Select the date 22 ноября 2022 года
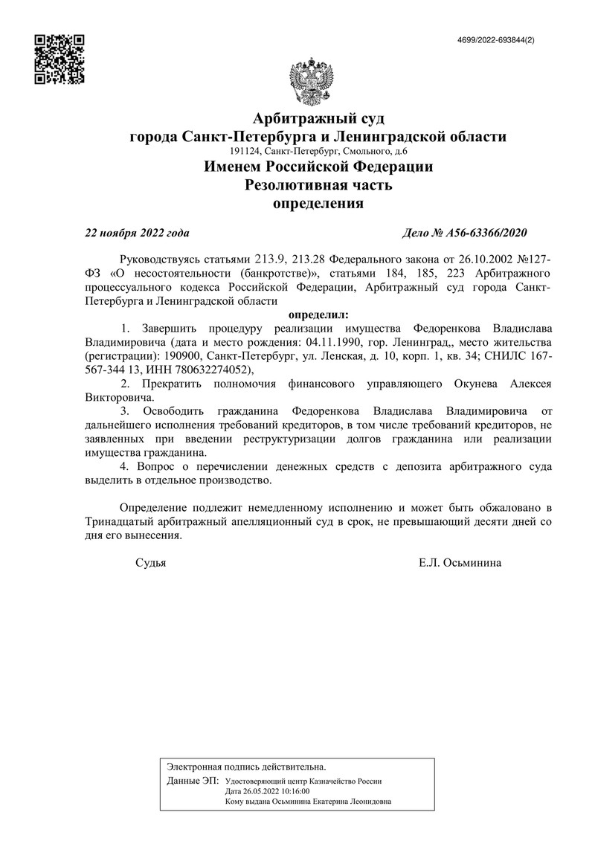point(137,233)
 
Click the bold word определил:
point(318,315)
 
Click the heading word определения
point(318,203)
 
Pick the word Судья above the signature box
point(150,563)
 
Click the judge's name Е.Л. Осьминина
point(460,563)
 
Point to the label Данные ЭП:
point(193,782)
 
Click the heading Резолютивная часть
point(318,185)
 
